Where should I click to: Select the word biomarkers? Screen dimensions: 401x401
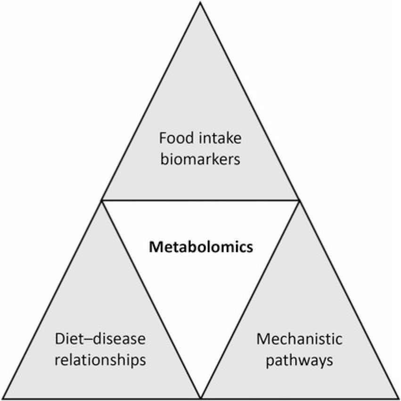point(200,160)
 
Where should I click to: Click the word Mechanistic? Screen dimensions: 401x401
point(300,340)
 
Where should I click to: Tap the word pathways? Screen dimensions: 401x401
point(300,361)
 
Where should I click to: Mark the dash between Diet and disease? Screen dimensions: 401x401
point(86,341)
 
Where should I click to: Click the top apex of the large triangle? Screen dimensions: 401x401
point(201,3)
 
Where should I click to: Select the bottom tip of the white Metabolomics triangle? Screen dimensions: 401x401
point(201,398)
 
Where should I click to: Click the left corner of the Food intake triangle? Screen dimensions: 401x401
point(102,200)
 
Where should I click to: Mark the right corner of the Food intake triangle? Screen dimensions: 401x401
point(299,200)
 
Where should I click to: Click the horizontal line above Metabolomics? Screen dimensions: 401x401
point(201,200)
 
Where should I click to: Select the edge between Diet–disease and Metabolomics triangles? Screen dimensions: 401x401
point(151,299)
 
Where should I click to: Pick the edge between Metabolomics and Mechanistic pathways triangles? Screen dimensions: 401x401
point(250,299)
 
